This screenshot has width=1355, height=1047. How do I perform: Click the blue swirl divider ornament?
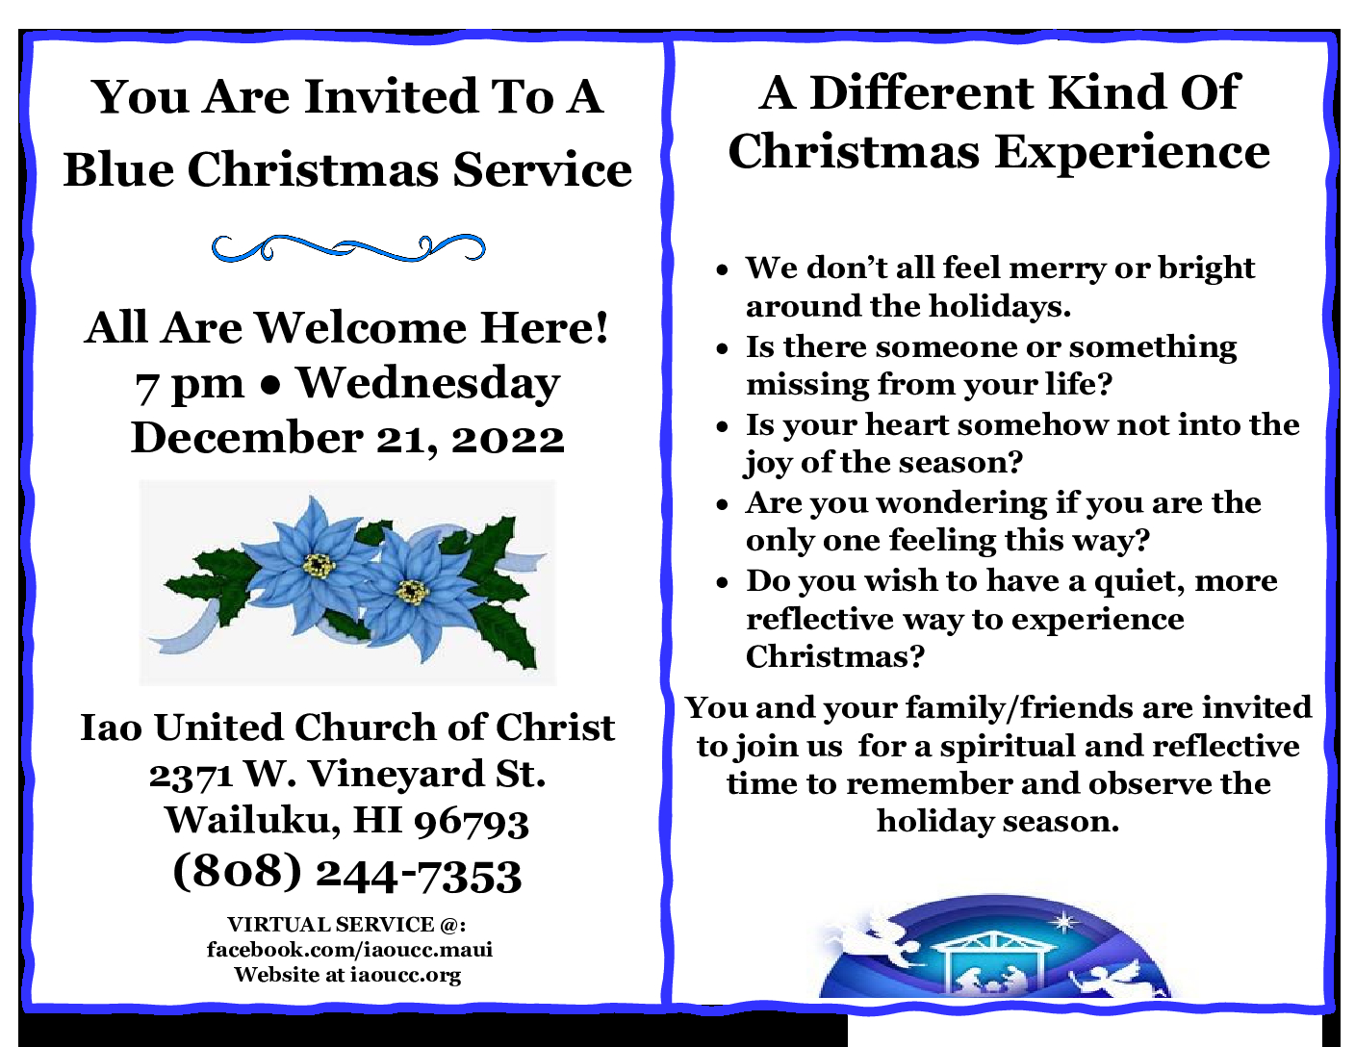click(x=348, y=248)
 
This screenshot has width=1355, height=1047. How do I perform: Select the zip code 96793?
click(x=472, y=822)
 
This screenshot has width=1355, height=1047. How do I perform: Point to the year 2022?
click(x=508, y=439)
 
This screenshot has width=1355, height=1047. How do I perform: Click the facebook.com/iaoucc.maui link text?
click(x=349, y=950)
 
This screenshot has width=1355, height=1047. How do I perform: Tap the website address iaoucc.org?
click(x=406, y=975)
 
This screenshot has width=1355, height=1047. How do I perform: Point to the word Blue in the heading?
click(x=118, y=169)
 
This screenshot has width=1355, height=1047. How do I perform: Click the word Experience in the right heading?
click(x=1132, y=153)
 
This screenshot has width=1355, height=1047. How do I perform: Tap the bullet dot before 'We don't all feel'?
click(x=722, y=270)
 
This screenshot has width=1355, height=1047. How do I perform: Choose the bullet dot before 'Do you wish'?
click(x=722, y=583)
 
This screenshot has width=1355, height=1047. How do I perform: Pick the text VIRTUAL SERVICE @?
click(x=346, y=924)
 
